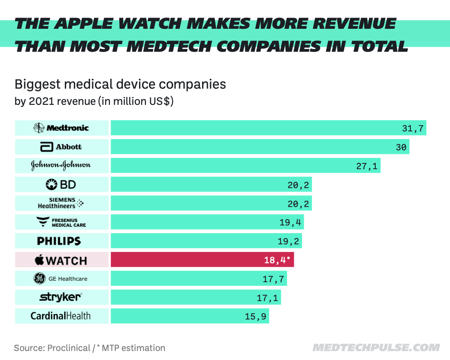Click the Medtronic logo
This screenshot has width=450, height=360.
61,128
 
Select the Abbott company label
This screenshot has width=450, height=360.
61,147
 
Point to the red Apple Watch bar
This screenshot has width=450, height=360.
202,260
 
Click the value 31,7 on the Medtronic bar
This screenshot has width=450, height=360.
413,128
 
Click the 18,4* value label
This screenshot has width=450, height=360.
276,260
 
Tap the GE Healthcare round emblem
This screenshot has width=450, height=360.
40,279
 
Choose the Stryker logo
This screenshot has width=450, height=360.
61,297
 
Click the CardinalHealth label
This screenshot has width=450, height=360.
60,316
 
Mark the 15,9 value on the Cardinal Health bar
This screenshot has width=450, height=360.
255,317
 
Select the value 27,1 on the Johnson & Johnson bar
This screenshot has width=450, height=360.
368,166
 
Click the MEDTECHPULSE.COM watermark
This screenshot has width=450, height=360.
376,348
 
